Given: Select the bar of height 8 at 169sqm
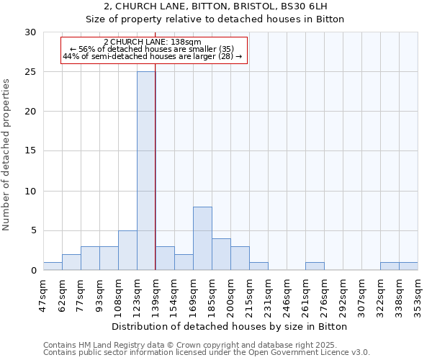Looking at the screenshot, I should (202, 238).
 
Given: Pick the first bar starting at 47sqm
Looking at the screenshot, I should (53, 266).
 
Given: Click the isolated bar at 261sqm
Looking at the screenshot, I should (315, 266).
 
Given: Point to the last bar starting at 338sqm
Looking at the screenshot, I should (408, 266).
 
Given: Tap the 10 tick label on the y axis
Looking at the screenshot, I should (31, 192).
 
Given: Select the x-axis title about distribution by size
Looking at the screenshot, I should (230, 326).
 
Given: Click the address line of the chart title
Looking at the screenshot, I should (215, 7).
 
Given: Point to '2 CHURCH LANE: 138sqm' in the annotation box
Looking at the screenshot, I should (153, 42).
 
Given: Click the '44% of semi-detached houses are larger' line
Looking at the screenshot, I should (153, 56).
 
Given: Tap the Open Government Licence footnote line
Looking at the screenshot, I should (207, 353).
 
